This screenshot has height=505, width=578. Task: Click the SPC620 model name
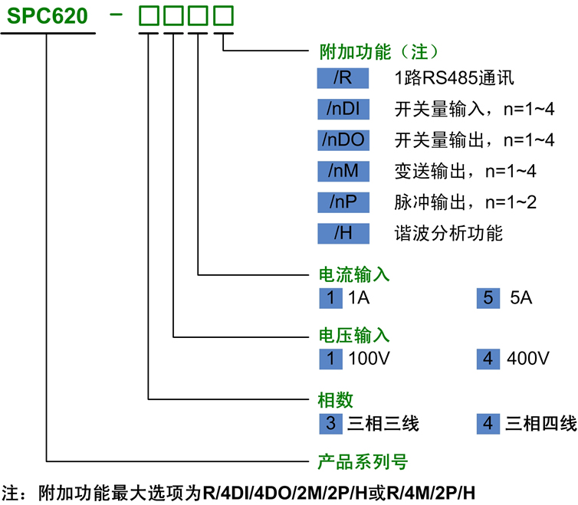point(48,16)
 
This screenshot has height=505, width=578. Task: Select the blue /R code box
point(343,78)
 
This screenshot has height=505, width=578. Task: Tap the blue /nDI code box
point(343,109)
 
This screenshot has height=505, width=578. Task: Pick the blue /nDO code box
point(343,140)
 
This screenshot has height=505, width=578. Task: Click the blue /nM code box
point(343,171)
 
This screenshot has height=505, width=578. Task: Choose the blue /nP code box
point(343,202)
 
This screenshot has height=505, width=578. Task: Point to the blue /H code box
point(343,233)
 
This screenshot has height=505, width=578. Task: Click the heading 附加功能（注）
point(379,51)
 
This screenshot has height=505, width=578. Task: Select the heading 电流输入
point(354,274)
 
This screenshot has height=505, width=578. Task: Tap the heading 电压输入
point(354,336)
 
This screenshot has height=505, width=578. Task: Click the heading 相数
point(336,400)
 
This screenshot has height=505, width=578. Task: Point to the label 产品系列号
point(363,461)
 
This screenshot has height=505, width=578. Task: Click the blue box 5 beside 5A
point(488,298)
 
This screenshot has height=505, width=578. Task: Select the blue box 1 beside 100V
point(330,359)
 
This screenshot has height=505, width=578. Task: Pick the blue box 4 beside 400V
point(488,359)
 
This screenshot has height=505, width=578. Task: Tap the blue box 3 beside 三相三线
point(330,424)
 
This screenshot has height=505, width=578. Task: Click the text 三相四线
point(540,424)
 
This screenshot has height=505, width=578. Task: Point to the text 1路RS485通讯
point(454,78)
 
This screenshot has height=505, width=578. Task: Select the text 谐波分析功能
point(448,233)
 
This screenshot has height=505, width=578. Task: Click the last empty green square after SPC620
point(223,16)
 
